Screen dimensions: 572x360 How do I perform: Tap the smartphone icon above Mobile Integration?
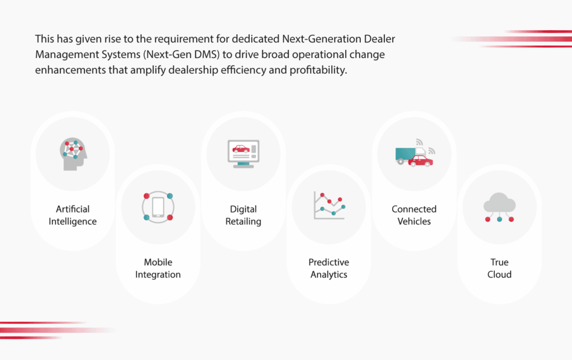point(158,207)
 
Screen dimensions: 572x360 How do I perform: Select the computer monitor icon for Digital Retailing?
point(244,153)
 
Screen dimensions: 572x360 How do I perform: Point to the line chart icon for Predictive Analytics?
point(329,205)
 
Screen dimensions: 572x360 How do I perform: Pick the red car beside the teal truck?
point(421,160)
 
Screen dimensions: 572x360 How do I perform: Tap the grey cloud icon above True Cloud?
point(499,203)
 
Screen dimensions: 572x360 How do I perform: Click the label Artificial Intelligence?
point(73,215)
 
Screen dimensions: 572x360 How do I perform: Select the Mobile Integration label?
point(158,268)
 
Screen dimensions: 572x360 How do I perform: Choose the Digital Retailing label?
point(244,215)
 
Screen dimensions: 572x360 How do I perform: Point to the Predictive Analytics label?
point(329,268)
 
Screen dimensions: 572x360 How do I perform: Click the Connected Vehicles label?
point(414,215)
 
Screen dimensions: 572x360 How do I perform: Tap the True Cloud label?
point(499,268)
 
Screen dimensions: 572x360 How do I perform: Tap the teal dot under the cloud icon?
point(499,219)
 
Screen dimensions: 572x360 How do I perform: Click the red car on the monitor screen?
point(241,149)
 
